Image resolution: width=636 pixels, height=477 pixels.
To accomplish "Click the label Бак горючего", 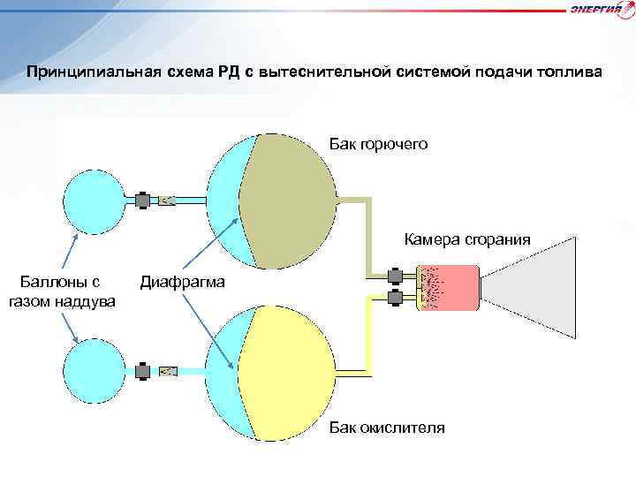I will (x=379, y=143).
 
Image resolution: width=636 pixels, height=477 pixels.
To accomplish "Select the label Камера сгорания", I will (x=467, y=238).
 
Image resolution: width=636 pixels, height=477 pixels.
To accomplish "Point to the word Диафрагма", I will (x=182, y=283).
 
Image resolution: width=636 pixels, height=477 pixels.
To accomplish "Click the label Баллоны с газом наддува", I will (x=66, y=291).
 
